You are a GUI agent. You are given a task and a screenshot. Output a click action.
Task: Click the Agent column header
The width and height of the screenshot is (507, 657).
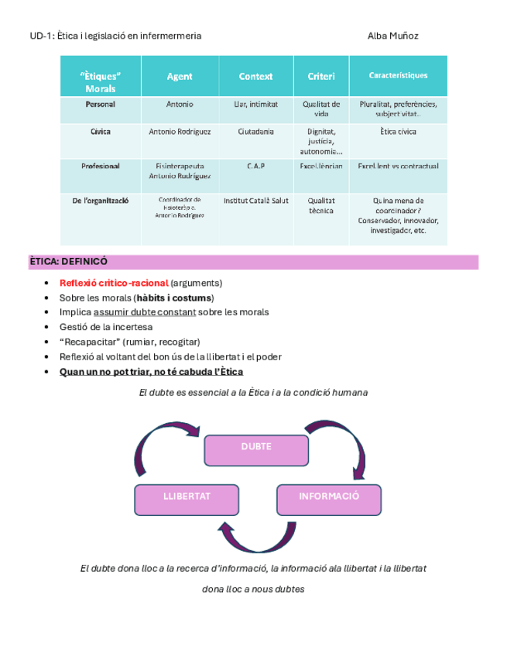pyautogui.click(x=180, y=76)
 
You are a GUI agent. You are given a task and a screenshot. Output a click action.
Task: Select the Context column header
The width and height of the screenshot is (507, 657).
pyautogui.click(x=255, y=76)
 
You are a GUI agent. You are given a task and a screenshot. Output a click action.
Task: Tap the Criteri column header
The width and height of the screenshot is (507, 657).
pyautogui.click(x=321, y=76)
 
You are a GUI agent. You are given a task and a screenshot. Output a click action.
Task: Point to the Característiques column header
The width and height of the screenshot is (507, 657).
pyautogui.click(x=398, y=76)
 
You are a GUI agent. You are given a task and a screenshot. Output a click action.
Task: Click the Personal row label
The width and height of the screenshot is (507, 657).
pyautogui.click(x=101, y=104)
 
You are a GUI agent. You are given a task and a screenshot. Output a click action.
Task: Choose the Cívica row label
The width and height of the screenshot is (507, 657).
pyautogui.click(x=101, y=132)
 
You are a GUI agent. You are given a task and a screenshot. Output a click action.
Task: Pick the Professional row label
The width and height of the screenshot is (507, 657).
pyautogui.click(x=101, y=166)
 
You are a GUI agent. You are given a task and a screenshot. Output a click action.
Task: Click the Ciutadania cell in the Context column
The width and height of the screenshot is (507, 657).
pyautogui.click(x=255, y=132)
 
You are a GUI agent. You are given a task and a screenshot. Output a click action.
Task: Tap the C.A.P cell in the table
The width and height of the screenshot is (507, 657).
pyautogui.click(x=255, y=166)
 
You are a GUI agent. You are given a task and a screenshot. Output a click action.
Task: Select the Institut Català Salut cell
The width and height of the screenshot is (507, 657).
pyautogui.click(x=255, y=201)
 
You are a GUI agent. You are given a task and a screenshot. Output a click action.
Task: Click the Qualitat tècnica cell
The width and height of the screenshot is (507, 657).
pyautogui.click(x=321, y=205)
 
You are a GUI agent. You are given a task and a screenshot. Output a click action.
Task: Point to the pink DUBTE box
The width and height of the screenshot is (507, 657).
pyautogui.click(x=256, y=448)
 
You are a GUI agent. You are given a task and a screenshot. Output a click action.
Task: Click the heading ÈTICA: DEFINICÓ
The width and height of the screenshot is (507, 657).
pyautogui.click(x=68, y=262)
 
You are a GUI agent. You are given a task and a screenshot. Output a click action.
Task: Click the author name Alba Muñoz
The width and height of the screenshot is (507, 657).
pyautogui.click(x=393, y=36)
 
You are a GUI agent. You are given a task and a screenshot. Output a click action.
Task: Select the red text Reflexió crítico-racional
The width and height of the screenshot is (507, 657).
pyautogui.click(x=114, y=283)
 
